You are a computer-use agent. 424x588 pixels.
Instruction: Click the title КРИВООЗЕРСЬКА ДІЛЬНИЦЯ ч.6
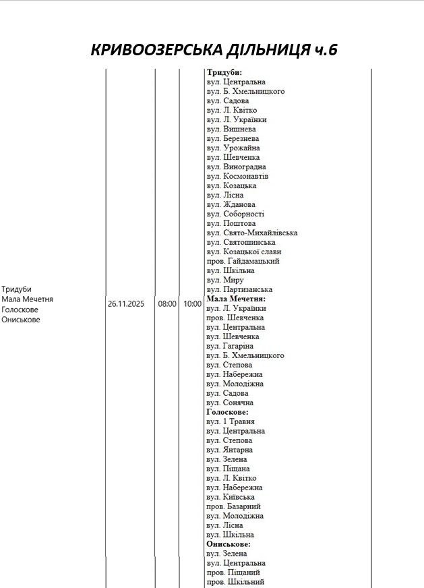pyautogui.click(x=214, y=51)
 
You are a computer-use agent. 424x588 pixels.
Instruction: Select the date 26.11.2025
pyautogui.click(x=127, y=304)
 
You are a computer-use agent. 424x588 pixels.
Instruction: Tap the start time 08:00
pyautogui.click(x=167, y=304)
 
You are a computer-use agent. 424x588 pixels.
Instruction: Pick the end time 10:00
pyautogui.click(x=192, y=304)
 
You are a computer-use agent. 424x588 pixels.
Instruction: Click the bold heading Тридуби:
pyautogui.click(x=224, y=73)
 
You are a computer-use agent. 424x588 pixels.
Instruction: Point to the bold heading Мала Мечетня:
pyautogui.click(x=236, y=299)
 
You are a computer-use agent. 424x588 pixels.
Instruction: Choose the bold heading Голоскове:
pyautogui.click(x=227, y=411)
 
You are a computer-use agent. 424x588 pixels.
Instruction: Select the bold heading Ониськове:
pyautogui.click(x=229, y=543)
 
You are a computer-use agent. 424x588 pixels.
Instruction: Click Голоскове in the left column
pyautogui.click(x=20, y=310)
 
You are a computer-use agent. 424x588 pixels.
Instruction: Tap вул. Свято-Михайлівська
pyautogui.click(x=252, y=233)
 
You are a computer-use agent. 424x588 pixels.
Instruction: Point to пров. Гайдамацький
pyautogui.click(x=243, y=261)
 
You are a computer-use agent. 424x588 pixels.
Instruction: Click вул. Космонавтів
pyautogui.click(x=237, y=176)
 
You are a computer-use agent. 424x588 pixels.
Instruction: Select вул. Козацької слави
pyautogui.click(x=244, y=252)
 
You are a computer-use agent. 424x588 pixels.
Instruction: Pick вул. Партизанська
pyautogui.click(x=239, y=289)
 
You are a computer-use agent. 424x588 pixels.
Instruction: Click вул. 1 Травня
pyautogui.click(x=231, y=421)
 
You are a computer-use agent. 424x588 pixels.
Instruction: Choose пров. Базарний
pyautogui.click(x=233, y=506)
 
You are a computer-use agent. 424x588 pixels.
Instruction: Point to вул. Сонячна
pyautogui.click(x=229, y=403)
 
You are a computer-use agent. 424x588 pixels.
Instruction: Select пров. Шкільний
pyautogui.click(x=235, y=581)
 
